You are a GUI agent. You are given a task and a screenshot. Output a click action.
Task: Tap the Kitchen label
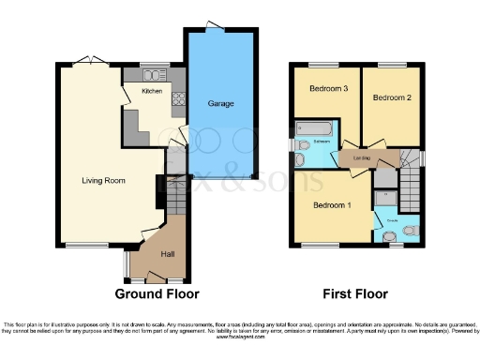click(x=152, y=92)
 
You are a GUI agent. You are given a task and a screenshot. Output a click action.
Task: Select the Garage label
click(x=221, y=103)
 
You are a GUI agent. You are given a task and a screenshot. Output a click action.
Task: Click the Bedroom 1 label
click(x=330, y=204)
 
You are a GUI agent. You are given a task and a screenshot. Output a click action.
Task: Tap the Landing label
click(x=360, y=158)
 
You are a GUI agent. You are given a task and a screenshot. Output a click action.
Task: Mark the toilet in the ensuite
click(x=409, y=231)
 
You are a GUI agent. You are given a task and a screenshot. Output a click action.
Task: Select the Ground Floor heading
click(x=156, y=293)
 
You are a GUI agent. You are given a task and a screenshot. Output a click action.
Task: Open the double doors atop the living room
click(x=85, y=61)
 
